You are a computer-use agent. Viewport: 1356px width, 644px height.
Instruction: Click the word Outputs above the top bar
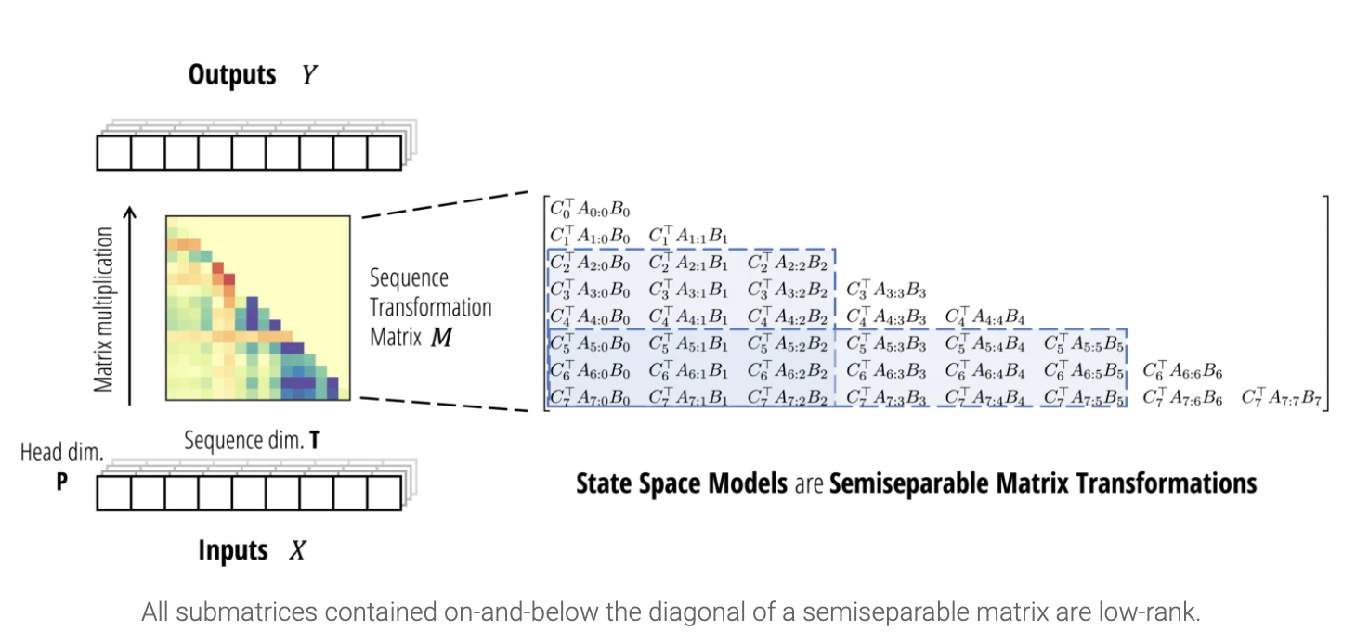pyautogui.click(x=232, y=74)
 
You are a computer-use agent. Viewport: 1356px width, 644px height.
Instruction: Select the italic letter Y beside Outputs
pyautogui.click(x=310, y=75)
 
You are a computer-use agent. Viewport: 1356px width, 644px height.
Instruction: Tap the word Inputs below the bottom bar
pyautogui.click(x=232, y=550)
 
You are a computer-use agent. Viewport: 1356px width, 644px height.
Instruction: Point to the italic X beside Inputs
pyautogui.click(x=297, y=551)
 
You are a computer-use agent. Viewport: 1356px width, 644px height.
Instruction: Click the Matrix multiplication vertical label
pyautogui.click(x=105, y=309)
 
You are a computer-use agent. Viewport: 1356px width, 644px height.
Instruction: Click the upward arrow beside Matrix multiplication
pyautogui.click(x=131, y=306)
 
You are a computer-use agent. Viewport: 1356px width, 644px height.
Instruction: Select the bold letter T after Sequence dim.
pyautogui.click(x=316, y=440)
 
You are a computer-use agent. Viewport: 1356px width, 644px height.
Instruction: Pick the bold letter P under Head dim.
pyautogui.click(x=61, y=482)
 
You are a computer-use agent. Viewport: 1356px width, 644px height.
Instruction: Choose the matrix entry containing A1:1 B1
pyautogui.click(x=688, y=236)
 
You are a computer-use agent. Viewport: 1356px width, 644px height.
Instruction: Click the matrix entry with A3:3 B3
pyautogui.click(x=886, y=290)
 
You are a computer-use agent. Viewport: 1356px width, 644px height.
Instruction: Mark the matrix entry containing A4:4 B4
pyautogui.click(x=984, y=317)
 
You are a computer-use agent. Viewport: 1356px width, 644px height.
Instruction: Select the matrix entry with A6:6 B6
pyautogui.click(x=1182, y=371)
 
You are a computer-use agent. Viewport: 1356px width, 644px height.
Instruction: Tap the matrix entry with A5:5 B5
pyautogui.click(x=1084, y=344)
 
